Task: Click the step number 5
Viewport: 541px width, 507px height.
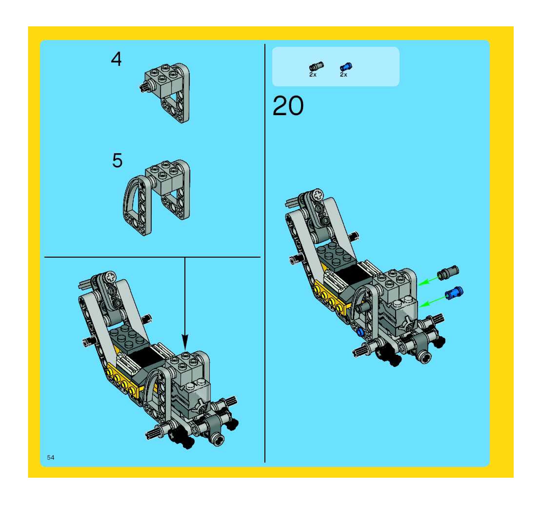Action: pos(117,161)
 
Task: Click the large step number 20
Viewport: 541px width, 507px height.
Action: pos(288,106)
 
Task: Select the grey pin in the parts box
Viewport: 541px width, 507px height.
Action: pos(317,66)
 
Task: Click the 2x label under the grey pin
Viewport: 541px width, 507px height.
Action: pos(313,75)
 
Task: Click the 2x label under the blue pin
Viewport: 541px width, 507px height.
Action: pos(343,75)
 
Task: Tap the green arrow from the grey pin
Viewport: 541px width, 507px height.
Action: pos(429,281)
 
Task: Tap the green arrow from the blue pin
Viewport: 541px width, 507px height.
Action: pos(433,302)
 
